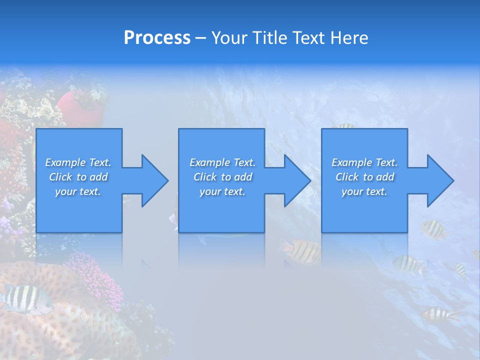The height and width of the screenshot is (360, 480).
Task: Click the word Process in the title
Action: tap(157, 38)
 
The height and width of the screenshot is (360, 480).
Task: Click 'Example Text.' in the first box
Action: tap(78, 162)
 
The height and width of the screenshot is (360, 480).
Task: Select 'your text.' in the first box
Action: tap(78, 191)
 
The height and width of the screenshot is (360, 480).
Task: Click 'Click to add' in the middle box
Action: tap(222, 177)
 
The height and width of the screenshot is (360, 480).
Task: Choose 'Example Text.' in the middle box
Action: tap(222, 162)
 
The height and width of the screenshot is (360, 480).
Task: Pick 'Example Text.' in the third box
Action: tap(364, 162)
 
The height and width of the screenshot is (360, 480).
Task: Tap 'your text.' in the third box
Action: tap(364, 191)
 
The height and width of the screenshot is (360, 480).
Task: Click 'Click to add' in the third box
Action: tap(364, 177)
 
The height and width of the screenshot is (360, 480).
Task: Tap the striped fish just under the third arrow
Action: tap(433, 229)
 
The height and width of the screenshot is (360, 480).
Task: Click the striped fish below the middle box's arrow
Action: tap(302, 251)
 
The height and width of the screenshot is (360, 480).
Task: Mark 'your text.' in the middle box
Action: tap(222, 191)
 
